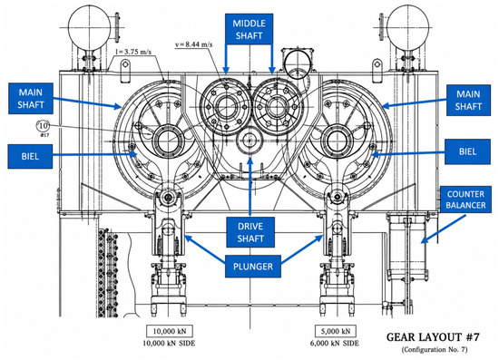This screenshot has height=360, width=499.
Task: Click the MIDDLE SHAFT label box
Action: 249,29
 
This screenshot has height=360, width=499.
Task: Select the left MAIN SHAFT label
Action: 31,99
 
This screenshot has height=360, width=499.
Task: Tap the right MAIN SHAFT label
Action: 468,100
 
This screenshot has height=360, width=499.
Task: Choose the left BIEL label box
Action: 30,157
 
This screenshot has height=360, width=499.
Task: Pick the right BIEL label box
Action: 467,151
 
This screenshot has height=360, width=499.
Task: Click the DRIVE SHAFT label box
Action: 250,232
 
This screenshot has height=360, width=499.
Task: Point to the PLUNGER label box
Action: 253,267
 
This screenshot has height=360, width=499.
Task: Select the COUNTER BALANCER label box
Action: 465,199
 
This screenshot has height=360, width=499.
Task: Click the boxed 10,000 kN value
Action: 170,331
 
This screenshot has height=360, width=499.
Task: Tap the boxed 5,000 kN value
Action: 336,331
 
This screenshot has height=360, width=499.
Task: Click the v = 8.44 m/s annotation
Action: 194,44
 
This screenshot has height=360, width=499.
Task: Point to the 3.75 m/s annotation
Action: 133,52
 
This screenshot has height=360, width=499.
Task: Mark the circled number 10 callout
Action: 43,126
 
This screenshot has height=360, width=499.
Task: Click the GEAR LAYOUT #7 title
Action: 433,337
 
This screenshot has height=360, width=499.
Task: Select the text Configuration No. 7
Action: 435,349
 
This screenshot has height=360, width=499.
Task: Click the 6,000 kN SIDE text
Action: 335,344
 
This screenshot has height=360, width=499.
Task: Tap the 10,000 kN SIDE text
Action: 169,344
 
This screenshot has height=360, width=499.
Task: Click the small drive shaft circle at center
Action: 249,140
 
